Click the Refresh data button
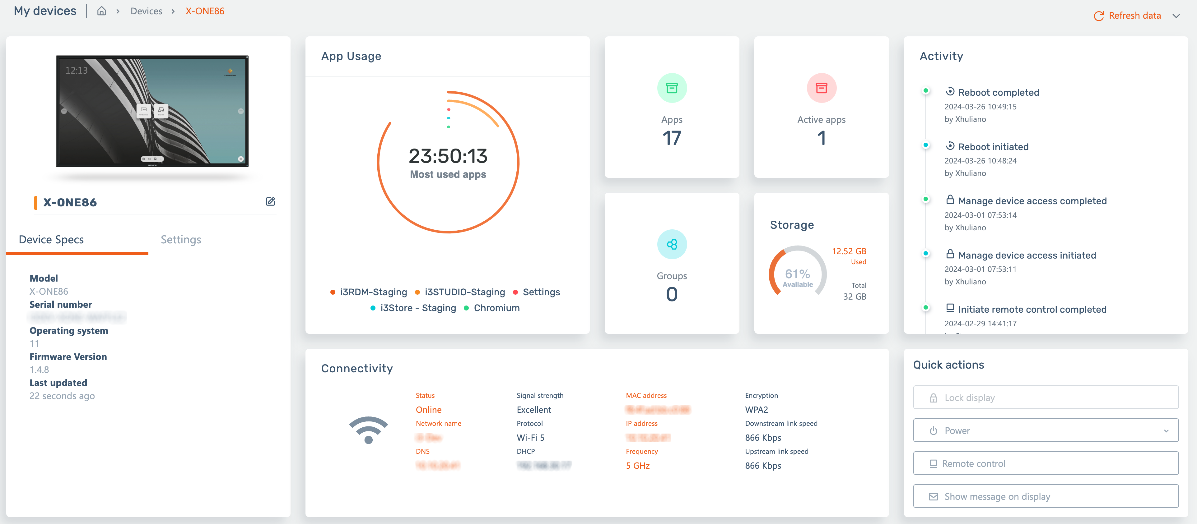1128,16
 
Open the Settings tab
181,240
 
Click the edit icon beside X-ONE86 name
270,201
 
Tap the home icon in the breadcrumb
101,11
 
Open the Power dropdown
1046,430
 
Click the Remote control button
1046,463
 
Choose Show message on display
1046,496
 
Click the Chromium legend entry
496,308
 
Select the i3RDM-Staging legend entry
373,292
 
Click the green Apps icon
672,88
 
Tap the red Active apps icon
821,88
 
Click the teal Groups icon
672,244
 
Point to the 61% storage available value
797,274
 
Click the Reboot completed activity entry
998,92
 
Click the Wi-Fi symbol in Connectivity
369,429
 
